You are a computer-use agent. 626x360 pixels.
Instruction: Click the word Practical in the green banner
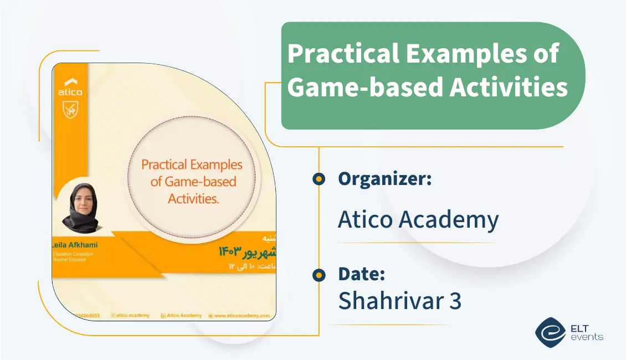point(340,55)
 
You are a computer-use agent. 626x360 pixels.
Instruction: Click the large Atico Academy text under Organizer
point(418,220)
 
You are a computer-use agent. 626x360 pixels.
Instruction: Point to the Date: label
point(361,274)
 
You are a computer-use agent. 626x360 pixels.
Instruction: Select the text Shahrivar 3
point(399,300)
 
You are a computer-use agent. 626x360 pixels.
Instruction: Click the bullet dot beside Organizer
point(319,179)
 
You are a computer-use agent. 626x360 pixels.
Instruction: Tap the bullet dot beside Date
point(319,275)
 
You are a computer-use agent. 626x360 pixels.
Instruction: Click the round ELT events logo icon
point(550,331)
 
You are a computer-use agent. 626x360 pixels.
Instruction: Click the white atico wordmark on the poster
point(70,92)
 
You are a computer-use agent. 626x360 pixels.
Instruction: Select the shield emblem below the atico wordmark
point(70,111)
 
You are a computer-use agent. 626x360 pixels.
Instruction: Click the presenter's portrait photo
point(80,207)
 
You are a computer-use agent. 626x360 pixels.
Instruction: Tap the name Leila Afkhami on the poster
point(71,245)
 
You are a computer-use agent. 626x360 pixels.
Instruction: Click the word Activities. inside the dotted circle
point(193,199)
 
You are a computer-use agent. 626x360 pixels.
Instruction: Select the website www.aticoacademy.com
point(242,315)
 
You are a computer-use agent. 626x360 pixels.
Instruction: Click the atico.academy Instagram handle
point(130,315)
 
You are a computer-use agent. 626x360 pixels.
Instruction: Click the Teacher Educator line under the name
point(69,259)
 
